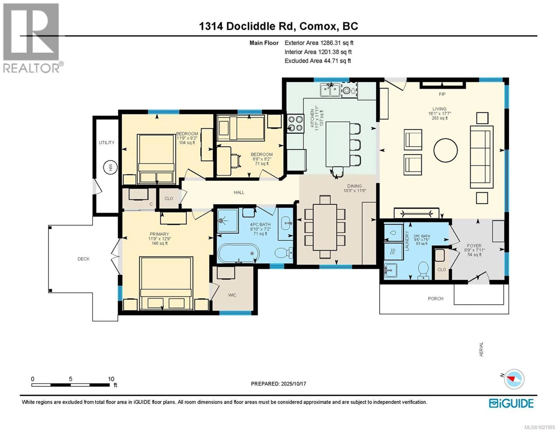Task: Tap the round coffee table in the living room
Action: (x=445, y=150)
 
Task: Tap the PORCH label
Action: (x=435, y=298)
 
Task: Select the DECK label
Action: (x=83, y=259)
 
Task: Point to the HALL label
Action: (x=239, y=192)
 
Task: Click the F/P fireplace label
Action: (x=442, y=94)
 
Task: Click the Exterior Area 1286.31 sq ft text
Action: (x=319, y=43)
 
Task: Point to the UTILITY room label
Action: (x=107, y=142)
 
